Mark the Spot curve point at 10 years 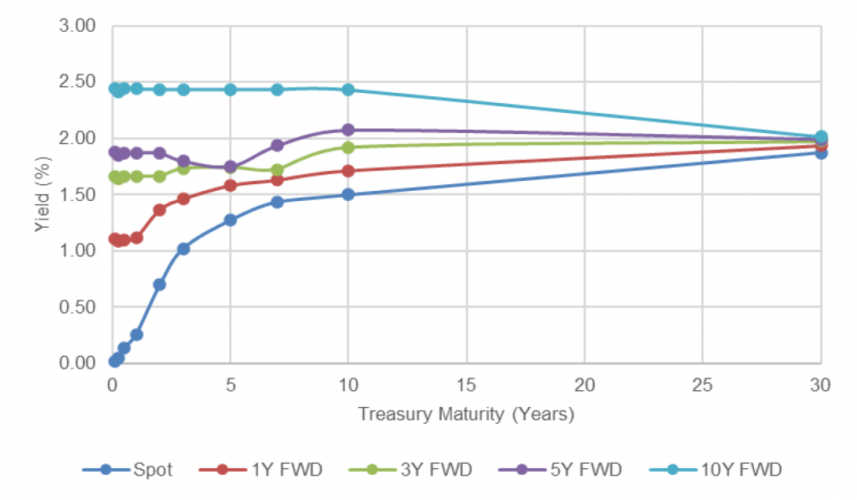click(348, 194)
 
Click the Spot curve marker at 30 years click(821, 152)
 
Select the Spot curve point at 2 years click(159, 284)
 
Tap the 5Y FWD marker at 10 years click(348, 130)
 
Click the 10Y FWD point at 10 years click(348, 90)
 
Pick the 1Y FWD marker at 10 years click(348, 171)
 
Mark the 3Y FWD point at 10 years click(348, 147)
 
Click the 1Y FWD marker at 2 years click(159, 209)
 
